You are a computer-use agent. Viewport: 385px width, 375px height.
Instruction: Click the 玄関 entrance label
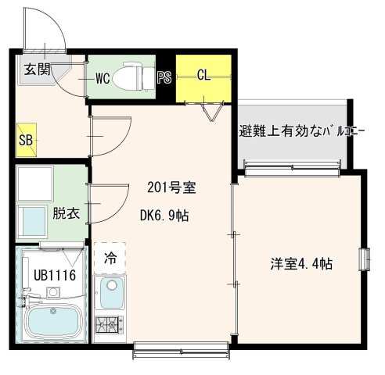(33, 69)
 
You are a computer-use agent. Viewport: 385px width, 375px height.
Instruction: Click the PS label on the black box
(164, 77)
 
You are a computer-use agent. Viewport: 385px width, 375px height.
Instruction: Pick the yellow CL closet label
(203, 77)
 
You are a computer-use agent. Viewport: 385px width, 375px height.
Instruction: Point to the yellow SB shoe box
(24, 141)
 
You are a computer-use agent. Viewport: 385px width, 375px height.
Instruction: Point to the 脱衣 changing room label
(64, 212)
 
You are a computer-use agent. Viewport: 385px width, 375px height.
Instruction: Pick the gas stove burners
(109, 325)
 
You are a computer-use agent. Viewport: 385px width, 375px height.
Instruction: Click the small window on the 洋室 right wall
(364, 259)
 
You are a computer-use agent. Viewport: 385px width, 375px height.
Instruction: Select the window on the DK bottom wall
(180, 346)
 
